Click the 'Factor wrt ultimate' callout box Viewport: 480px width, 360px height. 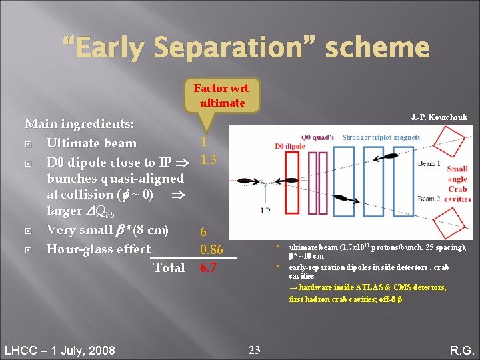point(221,95)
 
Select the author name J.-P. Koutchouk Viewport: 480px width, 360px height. point(439,117)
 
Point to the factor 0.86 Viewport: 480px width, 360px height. point(212,250)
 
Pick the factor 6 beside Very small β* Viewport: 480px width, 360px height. point(203,232)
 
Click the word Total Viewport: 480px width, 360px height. point(169,268)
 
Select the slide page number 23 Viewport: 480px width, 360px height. point(254,349)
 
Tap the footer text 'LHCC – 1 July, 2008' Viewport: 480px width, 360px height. point(59,350)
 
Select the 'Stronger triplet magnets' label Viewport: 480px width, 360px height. point(381,138)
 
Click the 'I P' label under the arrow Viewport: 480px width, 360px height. point(265,211)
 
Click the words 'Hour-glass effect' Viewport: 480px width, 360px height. point(98,249)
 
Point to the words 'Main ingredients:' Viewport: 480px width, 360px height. point(79,124)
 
